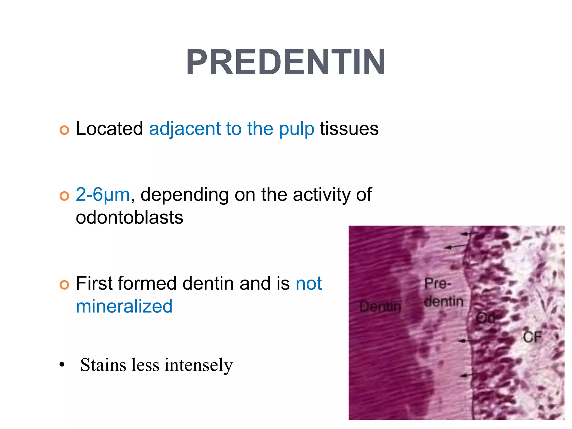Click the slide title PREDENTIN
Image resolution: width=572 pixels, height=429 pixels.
tap(286, 63)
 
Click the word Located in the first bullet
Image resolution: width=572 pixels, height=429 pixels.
tap(109, 129)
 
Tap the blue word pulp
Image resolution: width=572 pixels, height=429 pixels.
tap(297, 129)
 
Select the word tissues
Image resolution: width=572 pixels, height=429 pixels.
tap(349, 129)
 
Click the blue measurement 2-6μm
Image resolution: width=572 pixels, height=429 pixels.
tap(103, 194)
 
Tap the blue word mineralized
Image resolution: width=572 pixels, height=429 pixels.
tap(124, 306)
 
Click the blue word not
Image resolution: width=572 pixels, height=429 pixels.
tap(309, 283)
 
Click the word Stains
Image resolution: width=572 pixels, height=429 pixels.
tap(103, 365)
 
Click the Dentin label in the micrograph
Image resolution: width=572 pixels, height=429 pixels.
tap(380, 307)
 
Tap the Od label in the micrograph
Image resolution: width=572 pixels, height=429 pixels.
tap(485, 318)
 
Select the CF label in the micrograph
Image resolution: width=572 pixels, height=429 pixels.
tap(532, 337)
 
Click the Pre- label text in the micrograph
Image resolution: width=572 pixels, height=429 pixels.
tap(437, 284)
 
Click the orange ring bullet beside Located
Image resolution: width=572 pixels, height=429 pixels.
tap(64, 130)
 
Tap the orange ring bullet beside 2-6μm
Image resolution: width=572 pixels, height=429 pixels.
tap(64, 196)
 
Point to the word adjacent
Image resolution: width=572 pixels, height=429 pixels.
tap(184, 129)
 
